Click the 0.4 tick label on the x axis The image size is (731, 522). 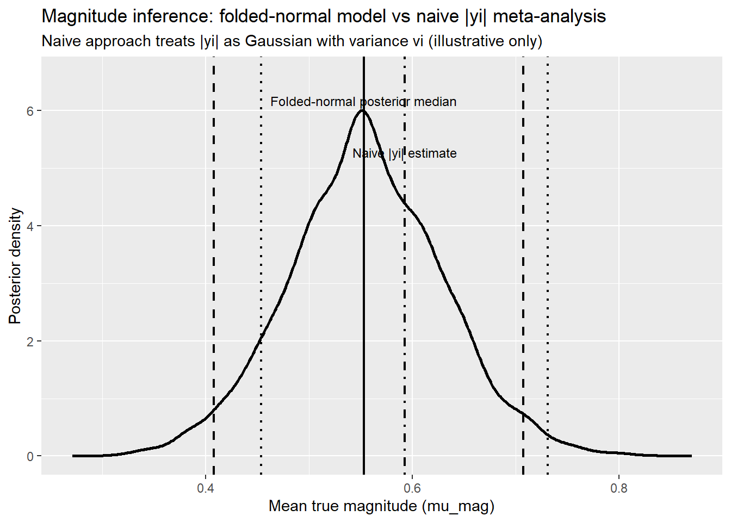205,488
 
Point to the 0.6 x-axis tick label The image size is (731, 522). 412,488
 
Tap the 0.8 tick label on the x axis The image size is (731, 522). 619,488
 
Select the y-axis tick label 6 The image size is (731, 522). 30,111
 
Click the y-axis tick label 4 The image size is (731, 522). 30,226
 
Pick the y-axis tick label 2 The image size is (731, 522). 30,341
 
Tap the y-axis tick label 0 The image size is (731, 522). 30,457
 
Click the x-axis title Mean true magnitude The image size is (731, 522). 381,506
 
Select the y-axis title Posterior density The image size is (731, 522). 15,266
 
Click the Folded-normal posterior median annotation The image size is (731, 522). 363,102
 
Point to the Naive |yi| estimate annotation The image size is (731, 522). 405,153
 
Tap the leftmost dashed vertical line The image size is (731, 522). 214,272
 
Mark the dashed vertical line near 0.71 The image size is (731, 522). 523,272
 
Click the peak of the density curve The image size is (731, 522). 363,110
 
